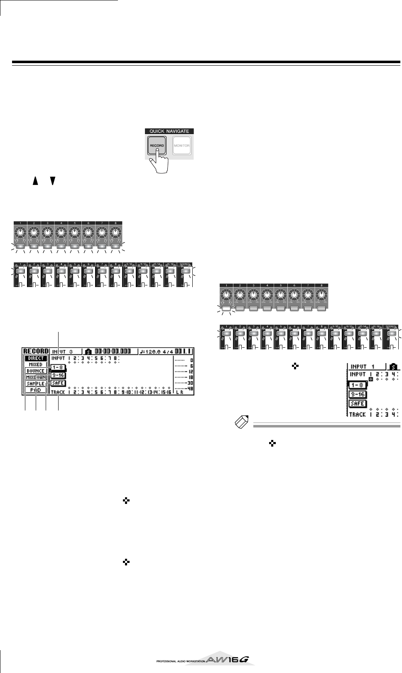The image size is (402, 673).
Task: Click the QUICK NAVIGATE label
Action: tap(169, 131)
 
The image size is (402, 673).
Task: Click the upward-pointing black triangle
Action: tap(36, 180)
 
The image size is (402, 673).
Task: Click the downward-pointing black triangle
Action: tap(52, 180)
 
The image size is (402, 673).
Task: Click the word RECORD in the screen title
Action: tap(36, 351)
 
